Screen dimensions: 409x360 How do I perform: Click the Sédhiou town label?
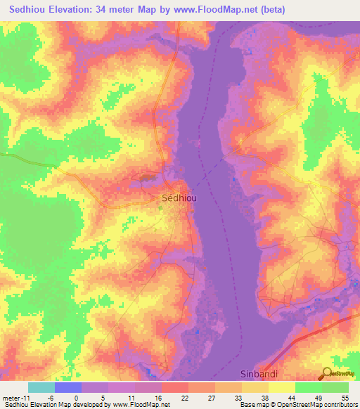point(179,198)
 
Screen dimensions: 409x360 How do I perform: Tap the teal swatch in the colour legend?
point(41,387)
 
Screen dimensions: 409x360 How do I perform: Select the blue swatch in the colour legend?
point(68,387)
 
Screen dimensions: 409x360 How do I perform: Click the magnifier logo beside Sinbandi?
point(326,373)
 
